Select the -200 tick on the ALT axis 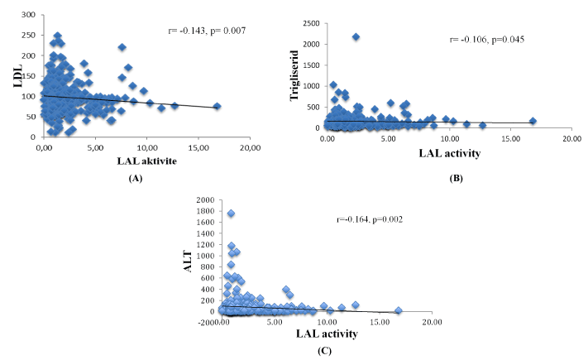[207, 323]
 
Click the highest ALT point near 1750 [232, 214]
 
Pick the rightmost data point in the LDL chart [217, 106]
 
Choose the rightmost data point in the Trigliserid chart [533, 121]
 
